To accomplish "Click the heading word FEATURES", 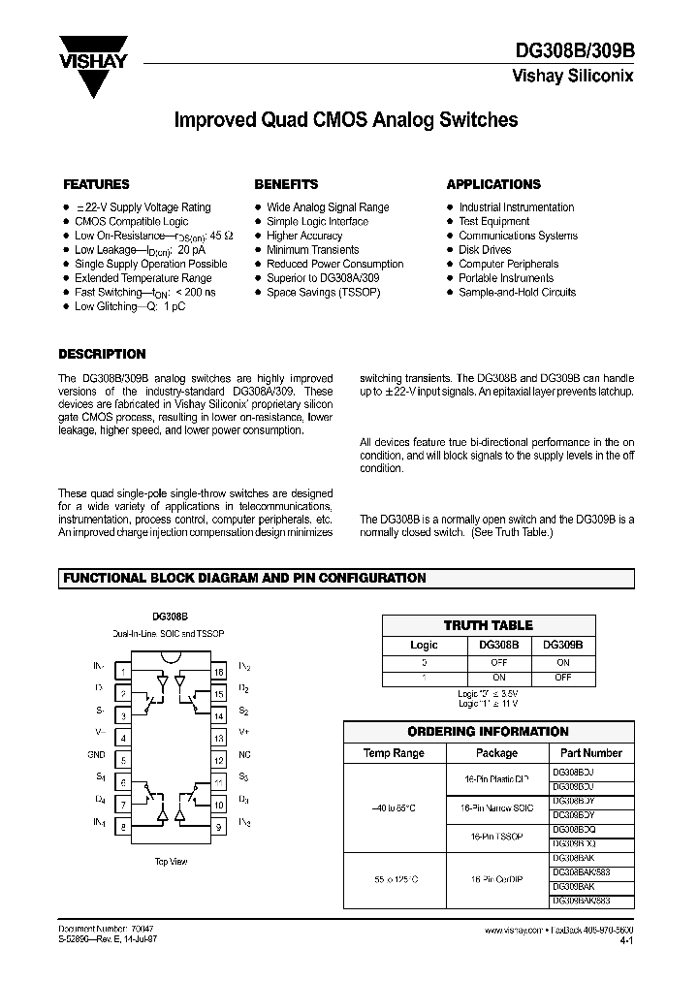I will point(96,184).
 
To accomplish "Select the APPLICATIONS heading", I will point(493,184).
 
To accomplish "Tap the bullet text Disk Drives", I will point(485,250).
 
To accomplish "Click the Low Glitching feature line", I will point(130,306).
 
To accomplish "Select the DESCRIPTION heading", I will point(102,355).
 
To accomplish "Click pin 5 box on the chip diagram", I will point(123,761).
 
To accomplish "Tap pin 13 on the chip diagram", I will point(219,738).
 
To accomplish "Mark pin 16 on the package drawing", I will point(219,671).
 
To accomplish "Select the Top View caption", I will point(172,861).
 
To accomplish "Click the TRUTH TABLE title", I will point(489,625).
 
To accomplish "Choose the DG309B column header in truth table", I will point(563,644).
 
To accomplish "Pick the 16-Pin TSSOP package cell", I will point(491,836).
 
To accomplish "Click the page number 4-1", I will point(626,940).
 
